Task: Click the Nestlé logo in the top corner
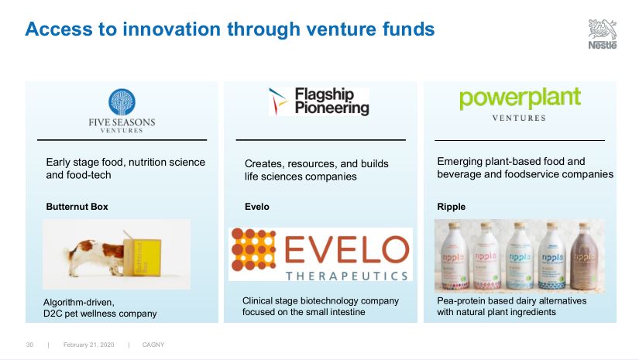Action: (603, 34)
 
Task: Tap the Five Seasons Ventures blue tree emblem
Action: (122, 102)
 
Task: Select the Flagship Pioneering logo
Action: (319, 101)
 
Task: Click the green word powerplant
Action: (520, 98)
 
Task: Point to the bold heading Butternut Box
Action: (77, 207)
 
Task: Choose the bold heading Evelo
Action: (256, 207)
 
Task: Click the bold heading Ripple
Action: (451, 207)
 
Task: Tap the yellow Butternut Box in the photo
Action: (143, 257)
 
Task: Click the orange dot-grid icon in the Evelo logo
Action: (253, 249)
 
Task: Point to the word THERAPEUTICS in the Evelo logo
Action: (347, 276)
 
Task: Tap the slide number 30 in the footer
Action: (29, 345)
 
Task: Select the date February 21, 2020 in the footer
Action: (89, 345)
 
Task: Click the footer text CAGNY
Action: (153, 345)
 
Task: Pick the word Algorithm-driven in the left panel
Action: (79, 303)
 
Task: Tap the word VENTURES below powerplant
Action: (519, 118)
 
